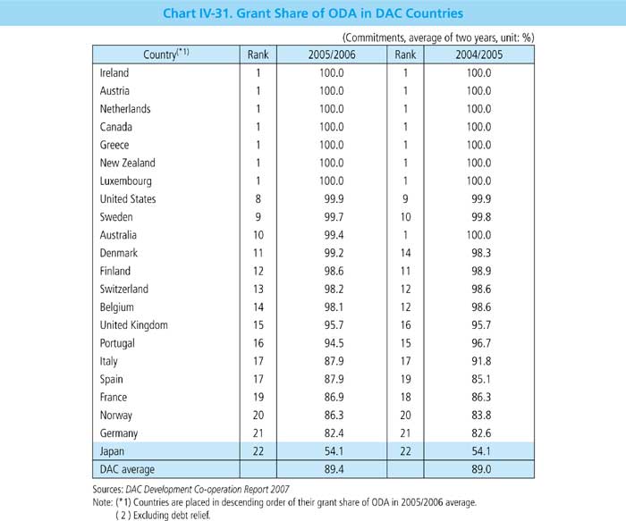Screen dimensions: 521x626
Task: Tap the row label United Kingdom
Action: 134,324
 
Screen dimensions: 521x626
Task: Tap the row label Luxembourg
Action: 126,181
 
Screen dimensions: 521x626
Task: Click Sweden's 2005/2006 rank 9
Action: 258,216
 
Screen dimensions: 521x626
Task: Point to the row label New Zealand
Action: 128,163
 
